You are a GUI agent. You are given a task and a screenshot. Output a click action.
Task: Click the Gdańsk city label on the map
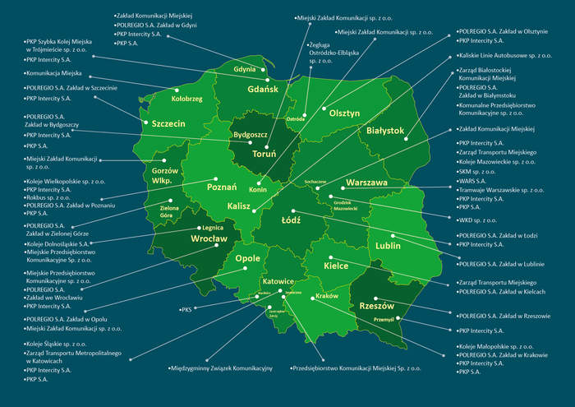click(263, 88)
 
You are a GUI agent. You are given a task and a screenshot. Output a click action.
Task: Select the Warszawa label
click(366, 183)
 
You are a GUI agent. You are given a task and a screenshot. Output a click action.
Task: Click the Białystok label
click(384, 130)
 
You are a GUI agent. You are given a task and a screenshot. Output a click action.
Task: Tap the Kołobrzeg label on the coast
click(186, 98)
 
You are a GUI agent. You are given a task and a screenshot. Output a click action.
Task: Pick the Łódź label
click(292, 220)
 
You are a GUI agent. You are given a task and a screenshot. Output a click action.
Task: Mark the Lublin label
click(387, 245)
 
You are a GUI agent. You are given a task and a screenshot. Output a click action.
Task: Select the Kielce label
click(336, 266)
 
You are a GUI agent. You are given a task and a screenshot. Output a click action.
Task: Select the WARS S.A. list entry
click(473, 181)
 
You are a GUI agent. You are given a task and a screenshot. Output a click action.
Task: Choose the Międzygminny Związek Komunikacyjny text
click(221, 368)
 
